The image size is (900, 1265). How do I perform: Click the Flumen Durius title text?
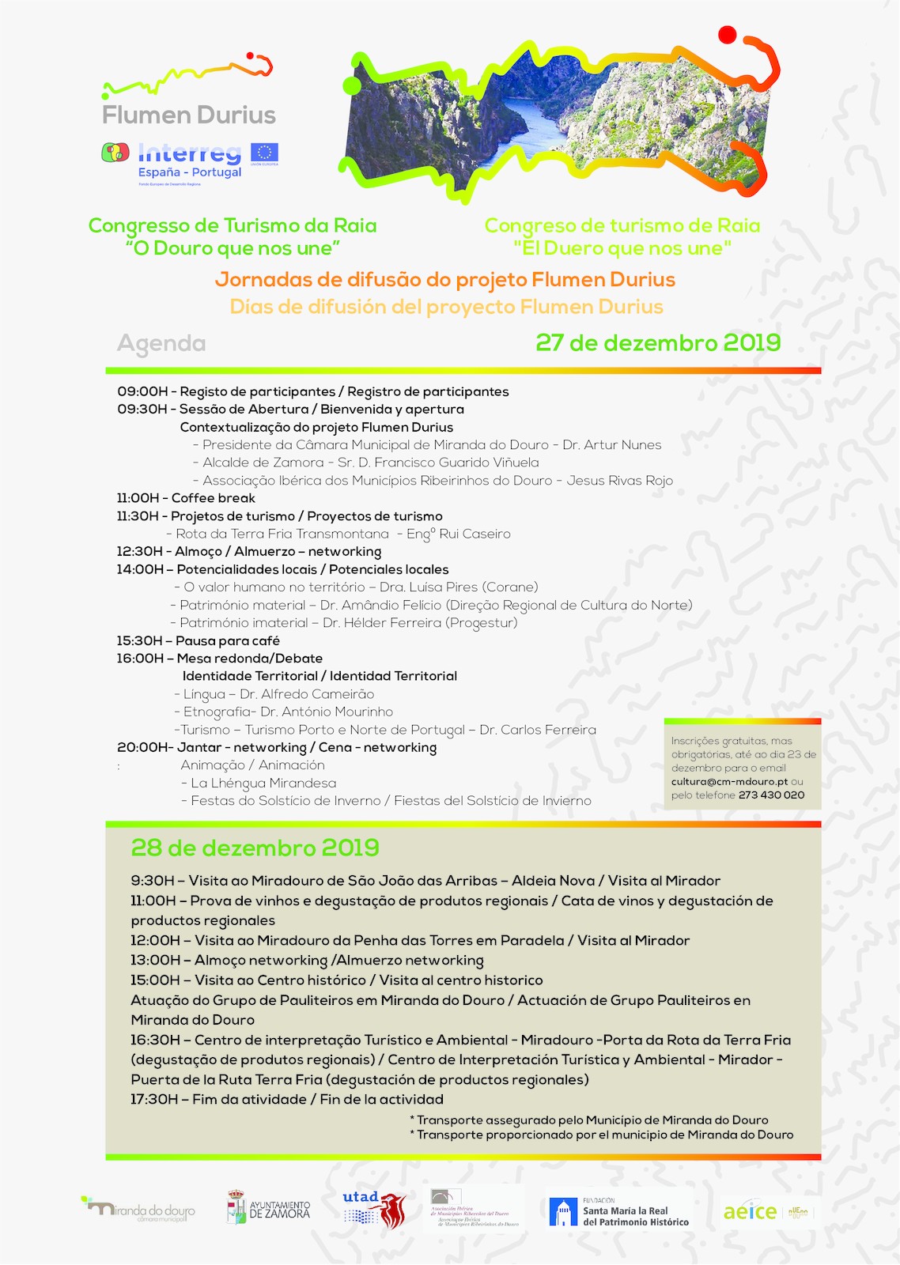point(189,115)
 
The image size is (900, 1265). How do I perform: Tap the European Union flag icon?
point(264,153)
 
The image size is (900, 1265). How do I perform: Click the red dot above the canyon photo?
point(728,35)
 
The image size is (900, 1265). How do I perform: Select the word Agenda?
point(161,343)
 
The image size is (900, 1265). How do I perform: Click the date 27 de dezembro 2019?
point(658,342)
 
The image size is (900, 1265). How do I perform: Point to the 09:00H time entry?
point(142,391)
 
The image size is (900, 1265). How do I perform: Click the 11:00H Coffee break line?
point(186,498)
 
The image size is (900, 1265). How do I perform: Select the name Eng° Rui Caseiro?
point(458,534)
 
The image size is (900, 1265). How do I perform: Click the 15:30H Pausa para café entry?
point(198,640)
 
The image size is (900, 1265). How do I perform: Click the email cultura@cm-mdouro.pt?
point(729,781)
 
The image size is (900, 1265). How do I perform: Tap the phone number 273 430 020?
point(771,795)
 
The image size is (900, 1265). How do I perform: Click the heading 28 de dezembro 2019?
point(255,848)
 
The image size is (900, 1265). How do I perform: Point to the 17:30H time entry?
point(155,1099)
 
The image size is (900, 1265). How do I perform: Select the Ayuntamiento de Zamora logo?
point(269,1209)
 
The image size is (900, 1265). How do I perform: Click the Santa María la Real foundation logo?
point(619,1211)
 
